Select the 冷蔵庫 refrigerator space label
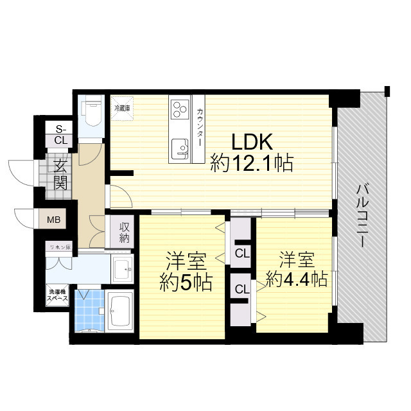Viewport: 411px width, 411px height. coord(122,109)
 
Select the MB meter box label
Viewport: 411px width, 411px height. coord(55,220)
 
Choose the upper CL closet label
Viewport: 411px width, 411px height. coord(242,253)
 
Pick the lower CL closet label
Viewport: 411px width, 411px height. coord(242,289)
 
